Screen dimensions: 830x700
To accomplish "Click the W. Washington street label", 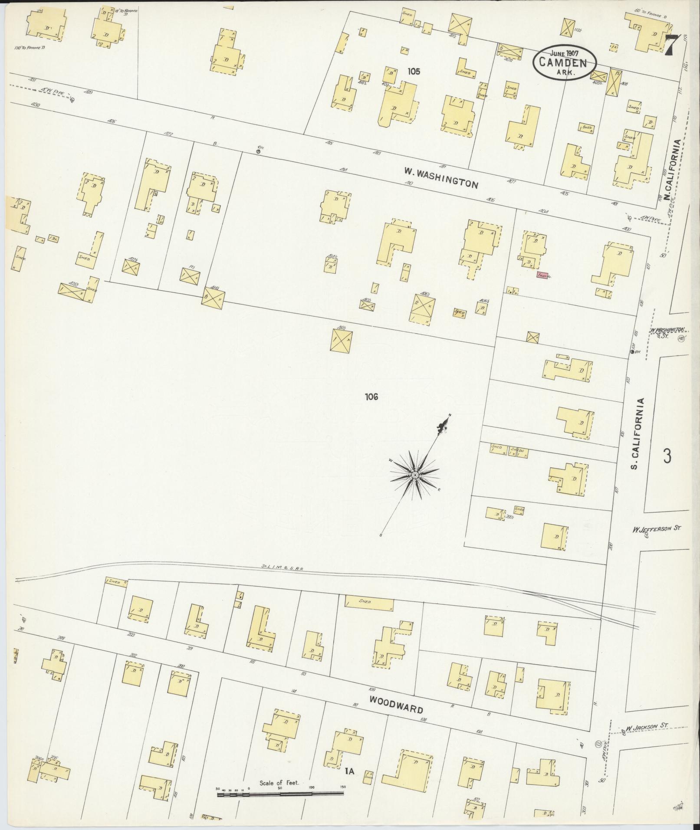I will click(x=441, y=178).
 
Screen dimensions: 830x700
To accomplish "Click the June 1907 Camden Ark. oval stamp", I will click(x=564, y=62).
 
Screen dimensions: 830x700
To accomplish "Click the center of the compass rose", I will click(x=415, y=476).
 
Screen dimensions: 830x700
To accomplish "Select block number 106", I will click(x=372, y=396).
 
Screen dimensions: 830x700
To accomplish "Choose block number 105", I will click(x=414, y=72).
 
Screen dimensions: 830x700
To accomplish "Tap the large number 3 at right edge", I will click(x=667, y=456).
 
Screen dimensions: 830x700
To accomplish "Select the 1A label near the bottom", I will click(x=350, y=771).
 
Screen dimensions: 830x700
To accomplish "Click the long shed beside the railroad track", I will click(x=369, y=603).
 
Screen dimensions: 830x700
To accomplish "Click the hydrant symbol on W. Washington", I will click(x=259, y=151).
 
